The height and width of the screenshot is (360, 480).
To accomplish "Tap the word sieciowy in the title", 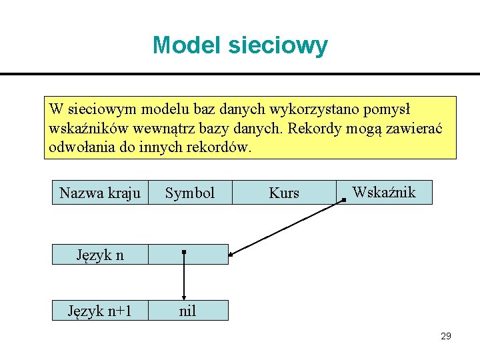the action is coord(278,45).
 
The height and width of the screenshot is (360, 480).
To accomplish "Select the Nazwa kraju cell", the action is coord(100,193).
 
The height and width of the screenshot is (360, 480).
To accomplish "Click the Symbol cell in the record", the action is coord(190,193).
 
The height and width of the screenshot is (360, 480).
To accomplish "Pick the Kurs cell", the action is coord(284,193).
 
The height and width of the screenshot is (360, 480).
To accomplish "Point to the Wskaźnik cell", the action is coord(384,193).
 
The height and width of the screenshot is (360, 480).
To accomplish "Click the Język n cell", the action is coord(100,254).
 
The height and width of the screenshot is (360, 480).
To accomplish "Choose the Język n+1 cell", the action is coord(100,310).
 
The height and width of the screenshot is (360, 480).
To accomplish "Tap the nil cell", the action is coord(188,310).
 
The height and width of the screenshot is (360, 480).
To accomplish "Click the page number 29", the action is coord(446,336).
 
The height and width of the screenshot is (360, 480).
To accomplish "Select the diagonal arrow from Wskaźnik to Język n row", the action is coord(287,227).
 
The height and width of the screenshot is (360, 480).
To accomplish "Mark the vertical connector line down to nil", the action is coord(184,280).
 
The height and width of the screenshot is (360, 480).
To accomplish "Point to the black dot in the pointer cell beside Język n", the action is coord(184,253).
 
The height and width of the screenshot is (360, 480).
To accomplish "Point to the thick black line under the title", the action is coord(240,74).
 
